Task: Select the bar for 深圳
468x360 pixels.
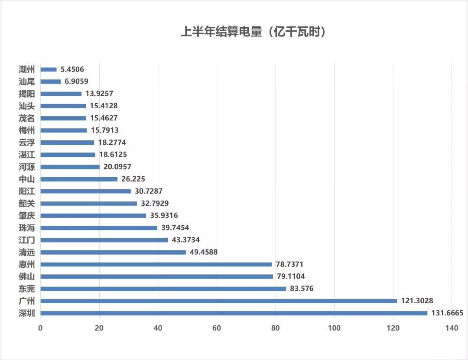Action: click(x=234, y=313)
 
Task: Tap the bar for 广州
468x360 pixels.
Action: click(x=218, y=301)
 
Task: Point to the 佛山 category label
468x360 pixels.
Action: click(x=27, y=276)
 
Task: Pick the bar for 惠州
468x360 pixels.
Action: click(x=156, y=264)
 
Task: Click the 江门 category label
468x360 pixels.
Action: click(x=27, y=240)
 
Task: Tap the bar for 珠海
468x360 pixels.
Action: click(x=99, y=228)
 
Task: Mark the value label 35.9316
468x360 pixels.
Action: click(x=164, y=215)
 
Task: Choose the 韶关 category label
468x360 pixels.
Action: click(x=27, y=203)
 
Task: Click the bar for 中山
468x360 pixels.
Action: click(x=79, y=179)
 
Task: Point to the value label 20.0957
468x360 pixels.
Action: click(x=117, y=167)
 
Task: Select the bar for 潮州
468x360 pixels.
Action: click(x=49, y=69)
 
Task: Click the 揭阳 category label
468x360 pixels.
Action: click(x=27, y=94)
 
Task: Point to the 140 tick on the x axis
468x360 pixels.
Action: click(x=452, y=328)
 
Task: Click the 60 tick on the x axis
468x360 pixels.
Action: click(x=217, y=328)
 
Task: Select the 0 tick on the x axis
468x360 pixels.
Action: click(x=40, y=328)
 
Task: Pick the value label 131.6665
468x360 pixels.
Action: click(x=447, y=313)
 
